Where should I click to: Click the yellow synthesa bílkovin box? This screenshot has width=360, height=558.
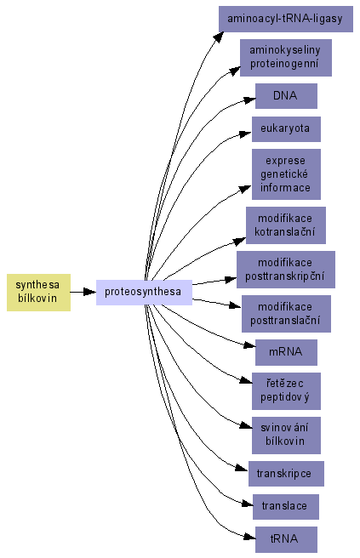tap(38, 293)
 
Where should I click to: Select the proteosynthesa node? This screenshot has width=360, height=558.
tap(144, 293)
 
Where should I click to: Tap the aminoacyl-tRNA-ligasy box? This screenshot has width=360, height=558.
tap(286, 19)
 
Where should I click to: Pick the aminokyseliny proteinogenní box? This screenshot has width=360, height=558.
tap(286, 58)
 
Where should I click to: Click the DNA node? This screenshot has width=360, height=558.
tap(286, 96)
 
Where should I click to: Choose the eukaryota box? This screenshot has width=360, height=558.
tap(286, 128)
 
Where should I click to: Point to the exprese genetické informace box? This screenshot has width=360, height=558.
tap(286, 174)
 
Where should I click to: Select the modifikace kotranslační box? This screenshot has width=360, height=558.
tap(286, 225)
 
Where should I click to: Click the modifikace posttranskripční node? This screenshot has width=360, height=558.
tap(286, 270)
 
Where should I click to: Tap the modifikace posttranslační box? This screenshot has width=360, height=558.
tap(286, 314)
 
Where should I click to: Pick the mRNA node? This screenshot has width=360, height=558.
tap(286, 352)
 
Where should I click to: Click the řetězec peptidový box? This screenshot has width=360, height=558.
tap(286, 391)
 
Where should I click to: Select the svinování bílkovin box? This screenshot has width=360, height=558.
tap(286, 436)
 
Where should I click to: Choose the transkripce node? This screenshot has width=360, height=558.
tap(286, 474)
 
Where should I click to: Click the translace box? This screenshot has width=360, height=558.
tap(286, 507)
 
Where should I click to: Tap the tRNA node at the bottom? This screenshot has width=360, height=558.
tap(286, 539)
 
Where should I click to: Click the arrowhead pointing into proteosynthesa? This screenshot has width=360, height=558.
tap(89, 292)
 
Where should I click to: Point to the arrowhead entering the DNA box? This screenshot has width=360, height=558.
tap(249, 100)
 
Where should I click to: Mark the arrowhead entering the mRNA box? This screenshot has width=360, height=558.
tap(249, 344)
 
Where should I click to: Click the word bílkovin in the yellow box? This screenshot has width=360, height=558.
tap(37, 299)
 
